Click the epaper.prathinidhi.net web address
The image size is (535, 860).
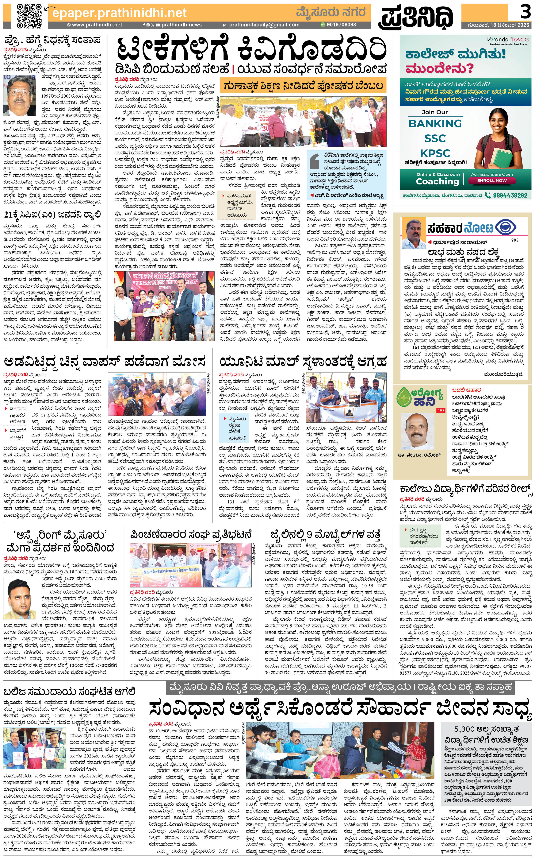119,13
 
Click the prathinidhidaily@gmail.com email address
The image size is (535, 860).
264,25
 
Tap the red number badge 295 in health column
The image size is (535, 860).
441,411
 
